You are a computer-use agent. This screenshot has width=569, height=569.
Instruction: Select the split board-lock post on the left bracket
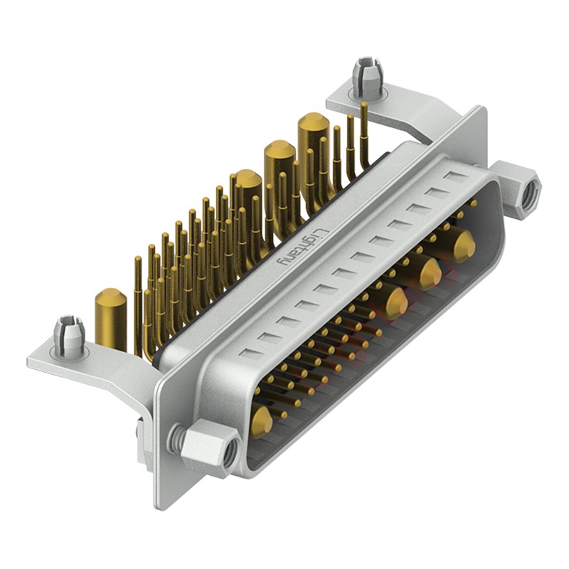pos(69,334)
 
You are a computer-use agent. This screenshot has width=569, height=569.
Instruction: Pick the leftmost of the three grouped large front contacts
pos(397,303)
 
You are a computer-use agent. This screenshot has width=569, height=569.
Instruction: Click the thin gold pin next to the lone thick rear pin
pos(138,306)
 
